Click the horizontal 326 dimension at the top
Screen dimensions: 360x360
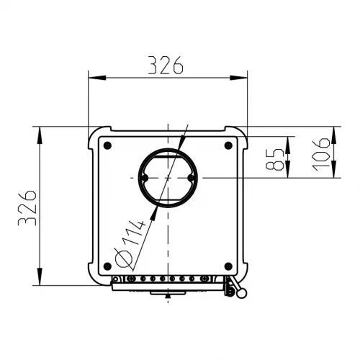(166, 66)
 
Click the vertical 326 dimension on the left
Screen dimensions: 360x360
(27, 208)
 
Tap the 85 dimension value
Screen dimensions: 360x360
(275, 159)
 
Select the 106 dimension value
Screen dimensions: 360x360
(321, 154)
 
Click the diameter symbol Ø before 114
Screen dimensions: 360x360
(124, 258)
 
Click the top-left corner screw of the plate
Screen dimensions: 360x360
(107, 145)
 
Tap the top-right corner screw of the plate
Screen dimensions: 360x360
(228, 145)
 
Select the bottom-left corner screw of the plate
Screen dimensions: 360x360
(107, 266)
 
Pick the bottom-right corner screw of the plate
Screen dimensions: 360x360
(228, 266)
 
